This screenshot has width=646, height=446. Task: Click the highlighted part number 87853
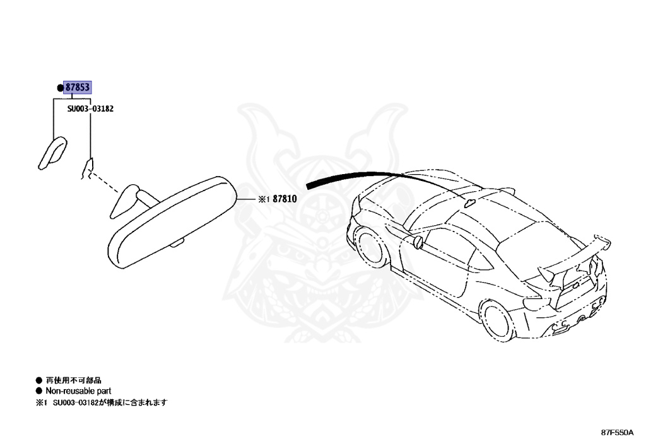[x=78, y=88]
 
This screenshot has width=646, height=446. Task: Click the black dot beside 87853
[x=61, y=88]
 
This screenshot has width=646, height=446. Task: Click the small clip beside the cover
[x=88, y=167]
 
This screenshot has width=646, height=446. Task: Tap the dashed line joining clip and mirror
[x=107, y=184]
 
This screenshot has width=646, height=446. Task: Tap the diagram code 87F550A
[x=617, y=433]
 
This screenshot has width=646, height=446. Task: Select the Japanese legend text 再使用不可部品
[x=73, y=380]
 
